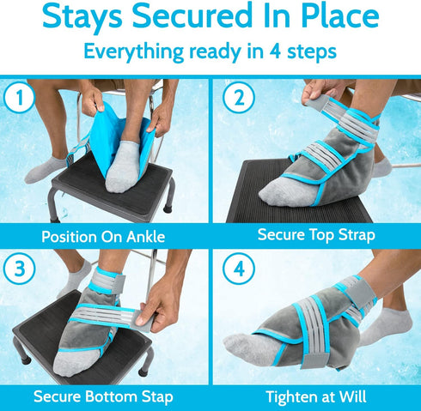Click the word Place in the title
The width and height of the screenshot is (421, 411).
333,18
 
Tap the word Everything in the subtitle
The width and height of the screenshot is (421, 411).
138,51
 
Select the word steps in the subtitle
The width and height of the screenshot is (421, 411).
306,51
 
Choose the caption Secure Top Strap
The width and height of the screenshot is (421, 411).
314,234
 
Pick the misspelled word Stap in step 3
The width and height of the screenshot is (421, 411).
155,396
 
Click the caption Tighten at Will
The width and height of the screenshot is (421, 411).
314,396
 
